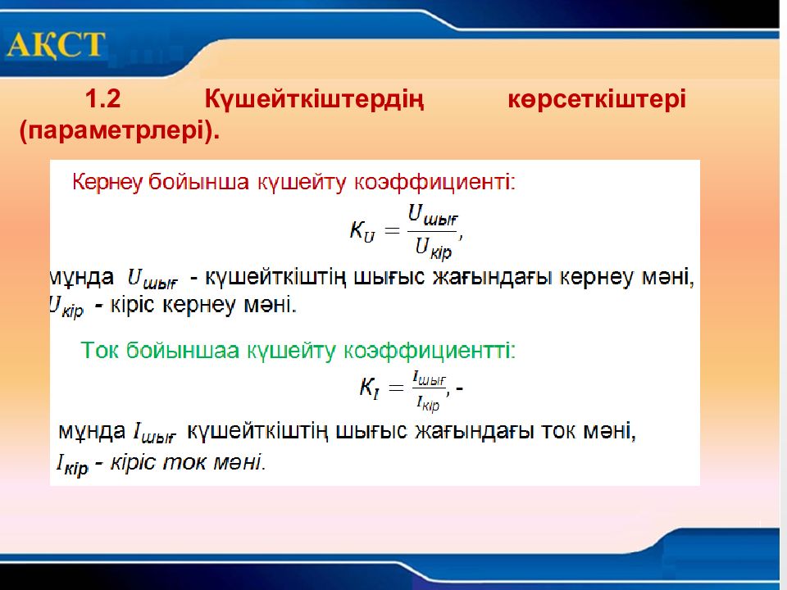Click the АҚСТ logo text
pos(57,44)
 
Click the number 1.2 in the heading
pos(103,99)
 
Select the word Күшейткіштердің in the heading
pos(314,100)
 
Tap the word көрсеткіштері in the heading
pos(597,100)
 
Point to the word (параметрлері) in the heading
pos(120,131)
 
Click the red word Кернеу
pos(107,182)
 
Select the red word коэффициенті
pos(434,182)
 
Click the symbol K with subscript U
pos(362,231)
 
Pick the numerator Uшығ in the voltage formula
pos(433,216)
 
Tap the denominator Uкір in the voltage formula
pos(434,248)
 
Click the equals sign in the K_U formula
pos(392,231)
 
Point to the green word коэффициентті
pos(430,350)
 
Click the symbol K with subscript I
pos(369,388)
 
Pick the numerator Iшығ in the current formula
pos(429,379)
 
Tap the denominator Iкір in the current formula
pos(428,403)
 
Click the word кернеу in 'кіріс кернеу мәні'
pos(199,305)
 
